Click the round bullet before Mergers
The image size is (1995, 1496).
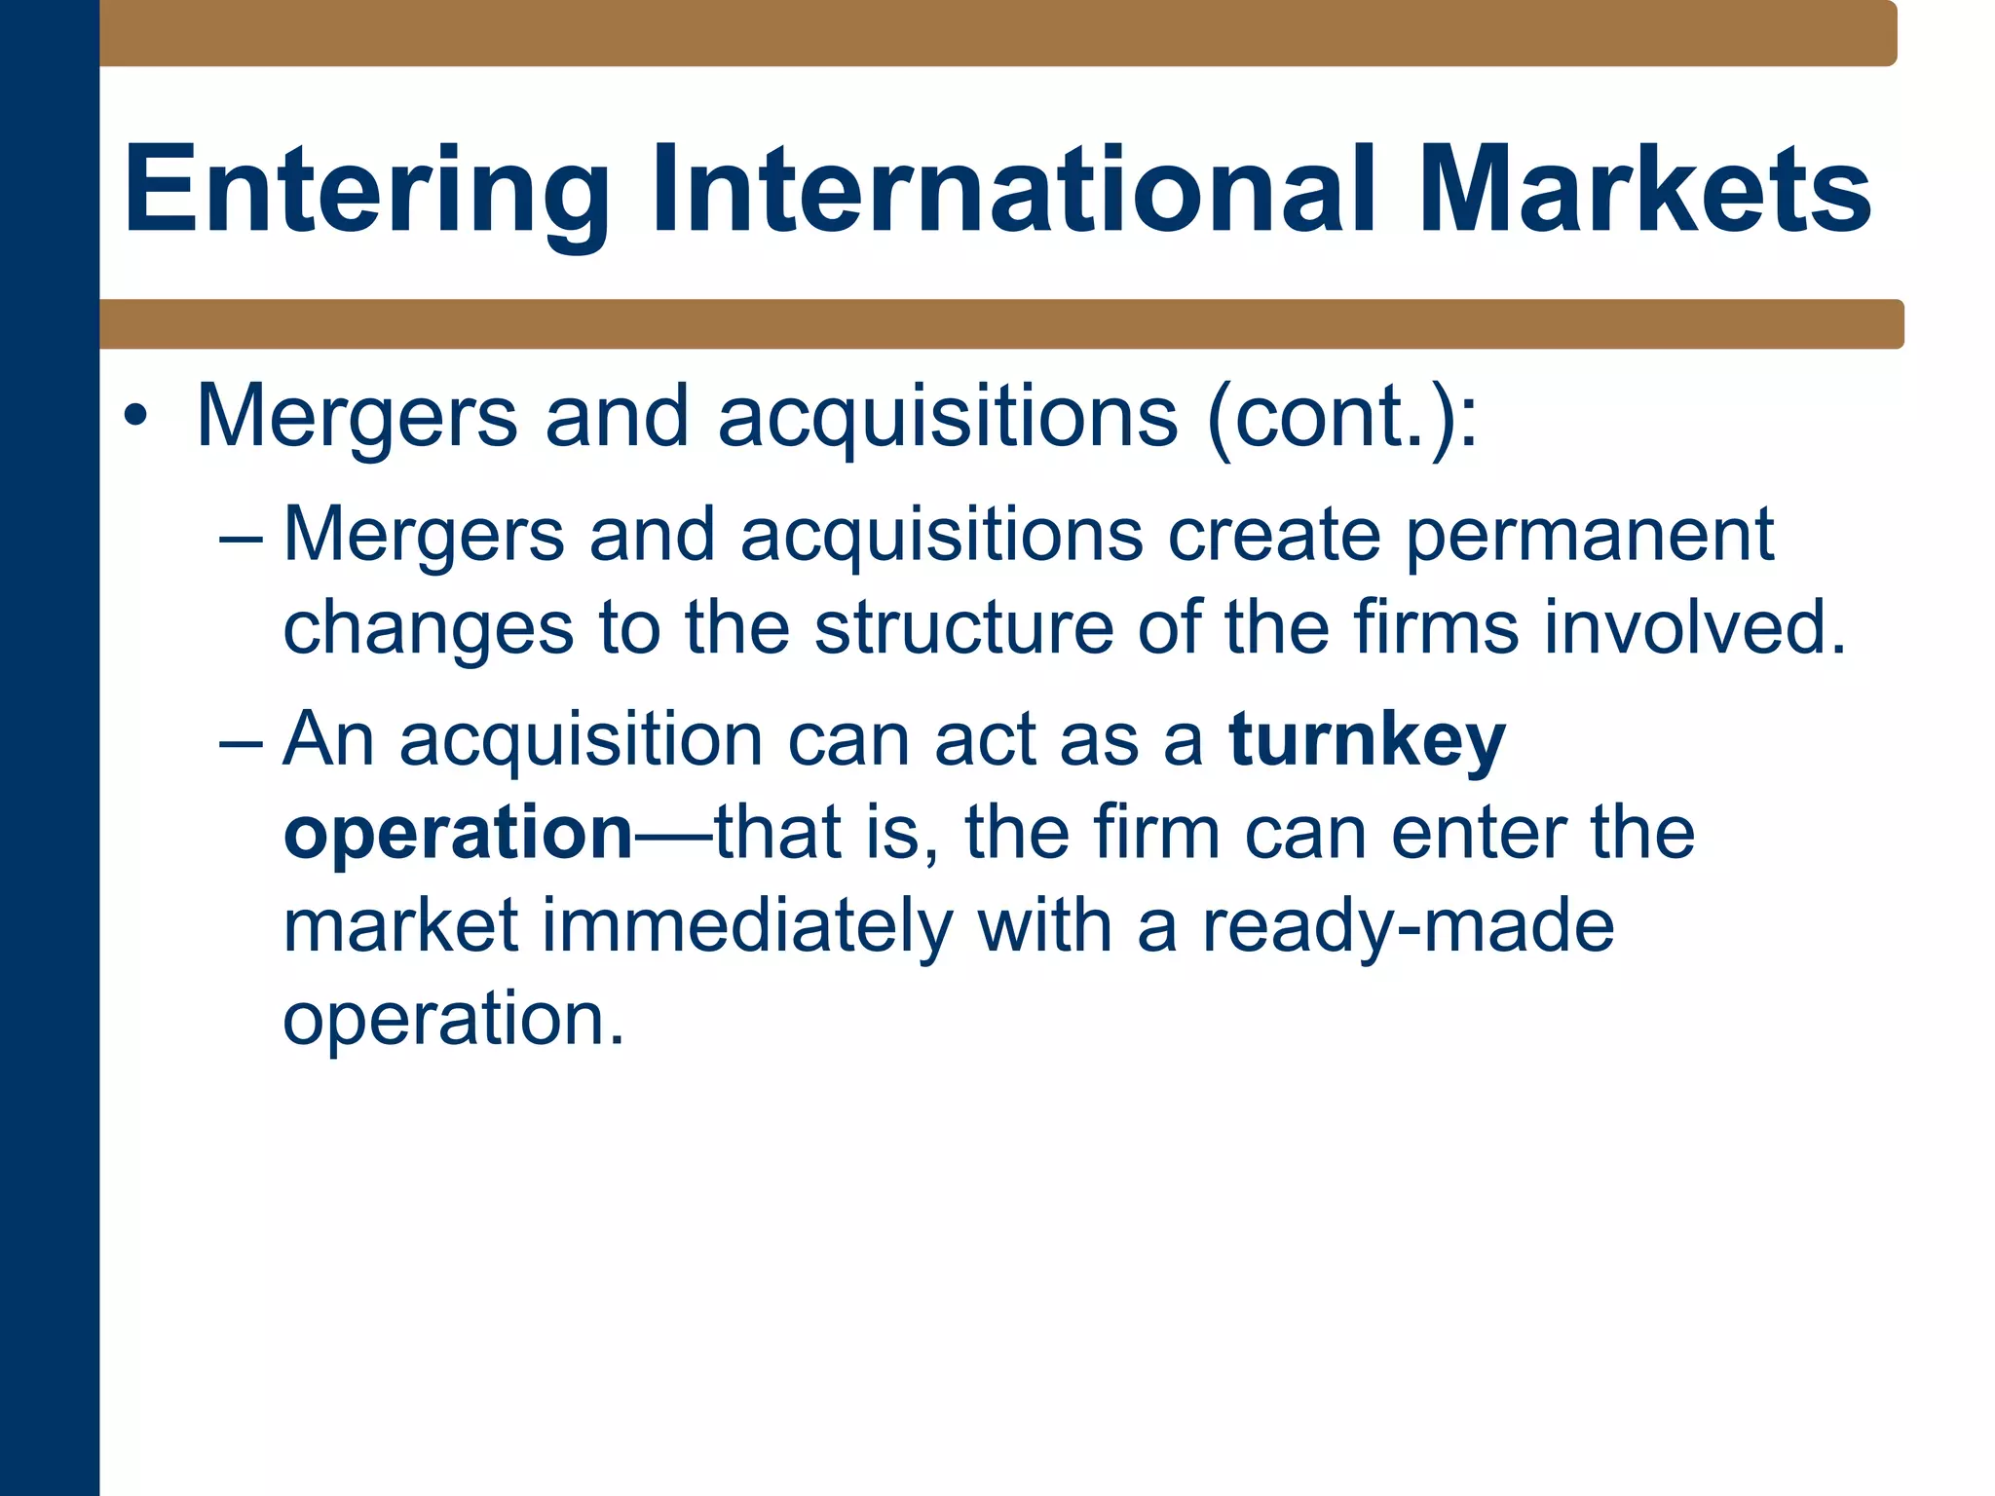click(136, 417)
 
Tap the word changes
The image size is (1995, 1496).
click(429, 628)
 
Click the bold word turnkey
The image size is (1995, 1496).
click(1368, 741)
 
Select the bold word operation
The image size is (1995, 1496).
click(459, 834)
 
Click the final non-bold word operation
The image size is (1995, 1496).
click(453, 1019)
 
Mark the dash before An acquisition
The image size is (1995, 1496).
click(242, 741)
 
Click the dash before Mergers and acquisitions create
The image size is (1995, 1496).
click(242, 537)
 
